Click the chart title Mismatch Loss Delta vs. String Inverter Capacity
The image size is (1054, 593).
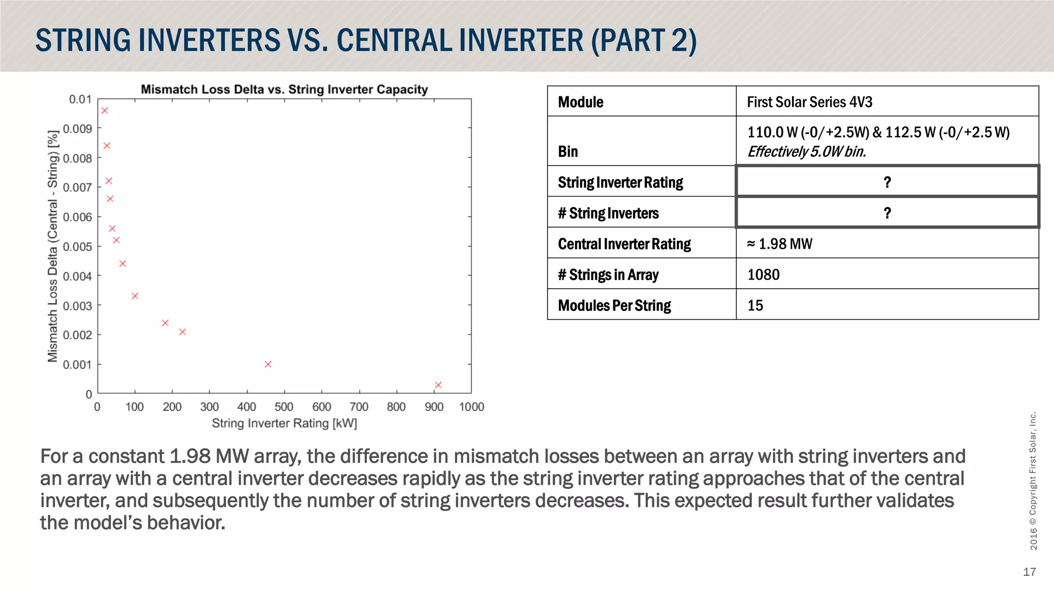tap(284, 90)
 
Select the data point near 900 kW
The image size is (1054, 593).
tap(438, 385)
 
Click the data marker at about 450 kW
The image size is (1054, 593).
tap(268, 364)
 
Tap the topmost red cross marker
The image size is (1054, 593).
tap(104, 111)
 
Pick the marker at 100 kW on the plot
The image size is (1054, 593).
tap(135, 296)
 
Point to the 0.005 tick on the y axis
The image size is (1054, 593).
tap(77, 247)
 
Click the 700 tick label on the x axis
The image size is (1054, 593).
tap(359, 407)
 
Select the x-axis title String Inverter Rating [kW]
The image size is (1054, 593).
tap(284, 423)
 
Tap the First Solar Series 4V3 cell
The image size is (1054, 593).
tap(810, 102)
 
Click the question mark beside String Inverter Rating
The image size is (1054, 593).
tap(887, 182)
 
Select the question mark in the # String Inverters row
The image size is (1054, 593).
tap(887, 213)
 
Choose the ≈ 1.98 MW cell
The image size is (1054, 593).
tap(779, 244)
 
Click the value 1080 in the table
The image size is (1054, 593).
tap(763, 275)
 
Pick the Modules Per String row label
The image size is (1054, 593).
tap(614, 306)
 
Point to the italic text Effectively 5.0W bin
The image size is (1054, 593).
tap(806, 152)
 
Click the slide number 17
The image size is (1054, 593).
tap(1029, 572)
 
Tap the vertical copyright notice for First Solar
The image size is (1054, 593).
tap(1033, 481)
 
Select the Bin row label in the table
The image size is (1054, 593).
tap(568, 152)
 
